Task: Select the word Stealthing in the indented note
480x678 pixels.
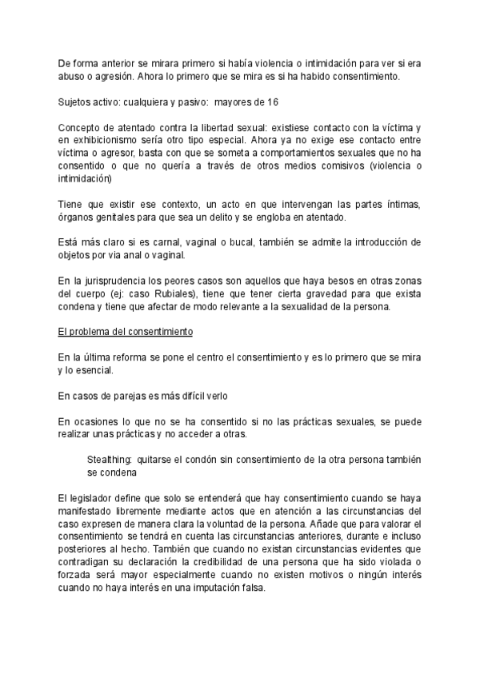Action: point(110,461)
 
